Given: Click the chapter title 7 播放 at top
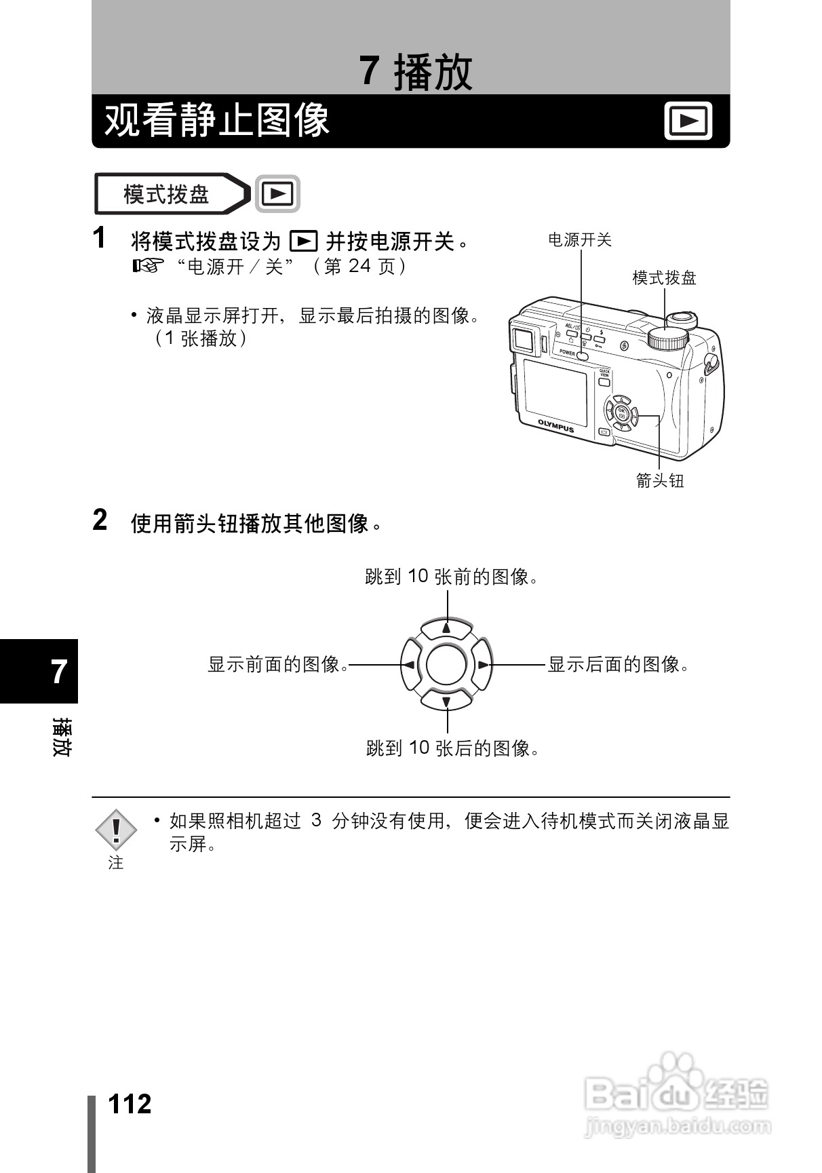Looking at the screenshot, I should click(416, 72).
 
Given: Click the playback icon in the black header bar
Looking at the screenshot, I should click(688, 121).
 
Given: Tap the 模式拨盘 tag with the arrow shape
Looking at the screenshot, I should click(170, 195).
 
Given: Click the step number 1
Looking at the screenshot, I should click(100, 239).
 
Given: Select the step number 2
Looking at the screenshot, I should click(100, 520).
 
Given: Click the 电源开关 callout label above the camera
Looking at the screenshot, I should click(579, 240).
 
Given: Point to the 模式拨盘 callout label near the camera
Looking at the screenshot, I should click(664, 278).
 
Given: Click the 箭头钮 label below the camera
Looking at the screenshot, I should click(659, 481).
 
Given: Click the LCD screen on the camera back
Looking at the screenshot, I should click(555, 393).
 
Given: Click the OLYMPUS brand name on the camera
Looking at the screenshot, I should click(556, 425).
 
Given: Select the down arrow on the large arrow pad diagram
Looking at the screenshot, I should click(446, 701).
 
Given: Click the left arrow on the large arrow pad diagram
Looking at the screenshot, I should click(409, 665).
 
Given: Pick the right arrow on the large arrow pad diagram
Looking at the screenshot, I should click(483, 665).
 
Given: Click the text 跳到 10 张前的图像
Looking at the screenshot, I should click(452, 577).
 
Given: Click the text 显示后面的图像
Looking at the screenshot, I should click(618, 665).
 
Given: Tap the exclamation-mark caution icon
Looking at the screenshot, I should click(116, 830).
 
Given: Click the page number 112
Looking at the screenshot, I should click(130, 1104).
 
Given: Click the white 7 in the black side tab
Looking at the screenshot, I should click(60, 672).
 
